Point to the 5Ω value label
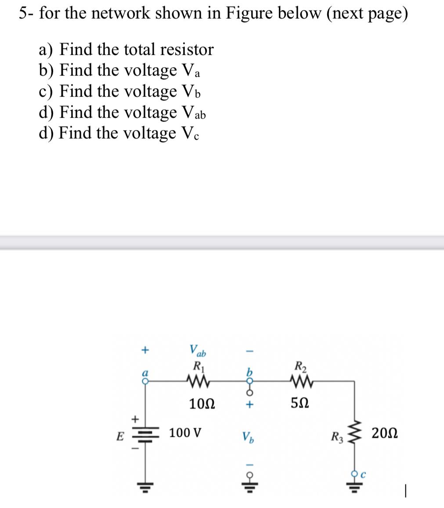(x=300, y=403)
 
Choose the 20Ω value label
(x=385, y=433)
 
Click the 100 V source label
(x=186, y=433)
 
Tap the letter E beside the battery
(x=119, y=437)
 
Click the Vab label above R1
(x=198, y=351)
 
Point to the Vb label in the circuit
(x=247, y=437)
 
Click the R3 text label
(x=337, y=437)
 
